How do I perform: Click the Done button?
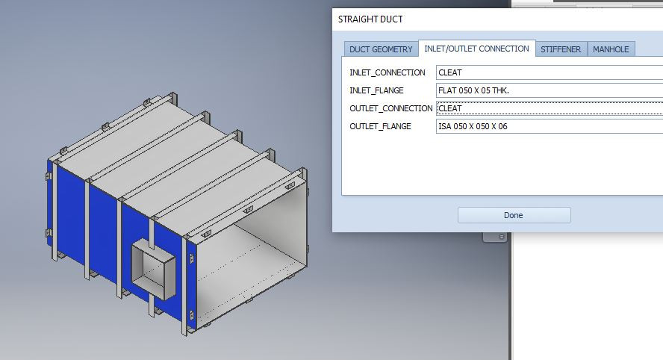pyautogui.click(x=514, y=215)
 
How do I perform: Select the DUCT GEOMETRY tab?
pyautogui.click(x=381, y=49)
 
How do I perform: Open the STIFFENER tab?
pyautogui.click(x=561, y=49)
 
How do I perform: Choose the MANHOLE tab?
pyautogui.click(x=611, y=49)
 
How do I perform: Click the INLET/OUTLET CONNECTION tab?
pyautogui.click(x=476, y=49)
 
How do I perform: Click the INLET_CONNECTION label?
pyautogui.click(x=387, y=72)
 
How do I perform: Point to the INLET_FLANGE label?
pyautogui.click(x=376, y=90)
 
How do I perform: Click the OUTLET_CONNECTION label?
pyautogui.click(x=391, y=108)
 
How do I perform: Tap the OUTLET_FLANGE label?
pyautogui.click(x=380, y=126)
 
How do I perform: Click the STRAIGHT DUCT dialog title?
pyautogui.click(x=370, y=19)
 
